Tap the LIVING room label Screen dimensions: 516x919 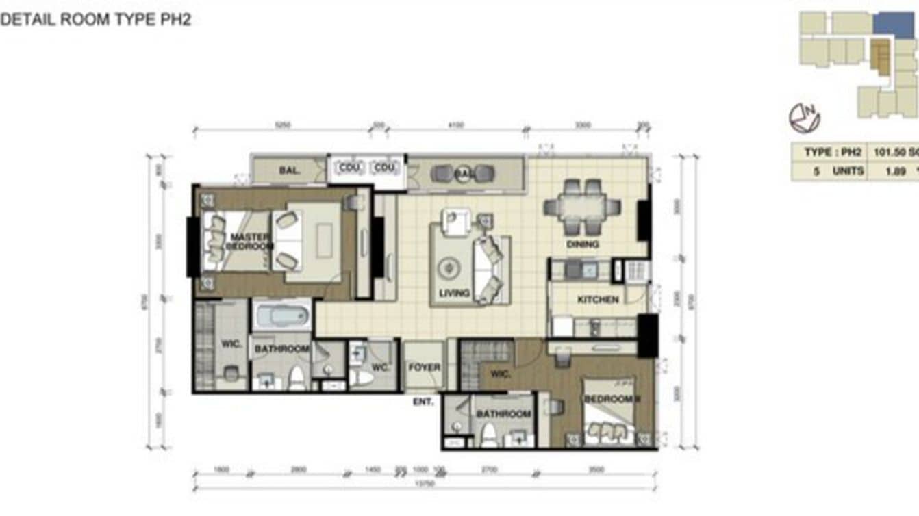(x=454, y=293)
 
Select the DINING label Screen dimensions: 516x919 (x=583, y=244)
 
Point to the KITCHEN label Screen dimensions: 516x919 (x=598, y=300)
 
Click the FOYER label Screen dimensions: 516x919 (x=425, y=367)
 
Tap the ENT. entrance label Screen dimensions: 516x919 (x=423, y=402)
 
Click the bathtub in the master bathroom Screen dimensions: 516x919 (x=281, y=317)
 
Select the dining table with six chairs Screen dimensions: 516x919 (x=583, y=206)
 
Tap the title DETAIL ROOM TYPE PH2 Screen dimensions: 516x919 (x=95, y=19)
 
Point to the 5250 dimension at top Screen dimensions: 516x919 (x=283, y=126)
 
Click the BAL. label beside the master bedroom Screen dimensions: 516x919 (x=290, y=170)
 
